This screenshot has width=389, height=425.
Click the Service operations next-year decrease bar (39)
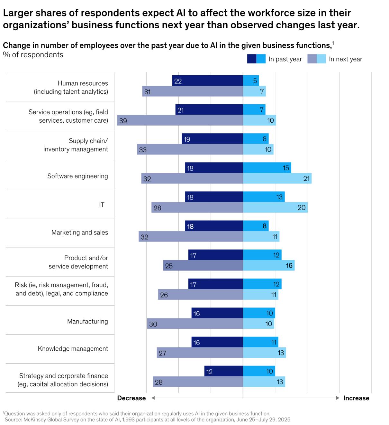(180, 120)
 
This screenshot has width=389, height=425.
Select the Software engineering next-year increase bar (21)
(277, 178)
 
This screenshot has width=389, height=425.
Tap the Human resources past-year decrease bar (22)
(208, 80)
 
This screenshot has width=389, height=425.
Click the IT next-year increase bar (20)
(275, 207)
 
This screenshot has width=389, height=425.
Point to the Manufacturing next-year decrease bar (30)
(195, 323)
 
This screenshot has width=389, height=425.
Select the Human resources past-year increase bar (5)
(251, 80)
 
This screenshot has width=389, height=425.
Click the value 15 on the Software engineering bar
(286, 168)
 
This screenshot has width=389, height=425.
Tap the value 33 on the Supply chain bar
(143, 150)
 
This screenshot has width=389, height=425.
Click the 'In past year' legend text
(285, 59)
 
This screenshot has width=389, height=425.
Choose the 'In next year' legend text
(345, 59)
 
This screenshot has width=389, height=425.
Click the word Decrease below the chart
(131, 398)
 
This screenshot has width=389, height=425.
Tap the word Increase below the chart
(356, 398)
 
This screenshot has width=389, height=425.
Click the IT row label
(102, 205)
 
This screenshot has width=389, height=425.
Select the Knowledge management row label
(73, 348)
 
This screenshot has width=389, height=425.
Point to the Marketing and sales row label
(80, 232)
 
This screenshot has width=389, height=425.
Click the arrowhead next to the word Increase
(338, 398)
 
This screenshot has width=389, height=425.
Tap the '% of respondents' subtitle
(33, 55)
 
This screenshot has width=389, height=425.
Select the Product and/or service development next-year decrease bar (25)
(203, 265)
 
